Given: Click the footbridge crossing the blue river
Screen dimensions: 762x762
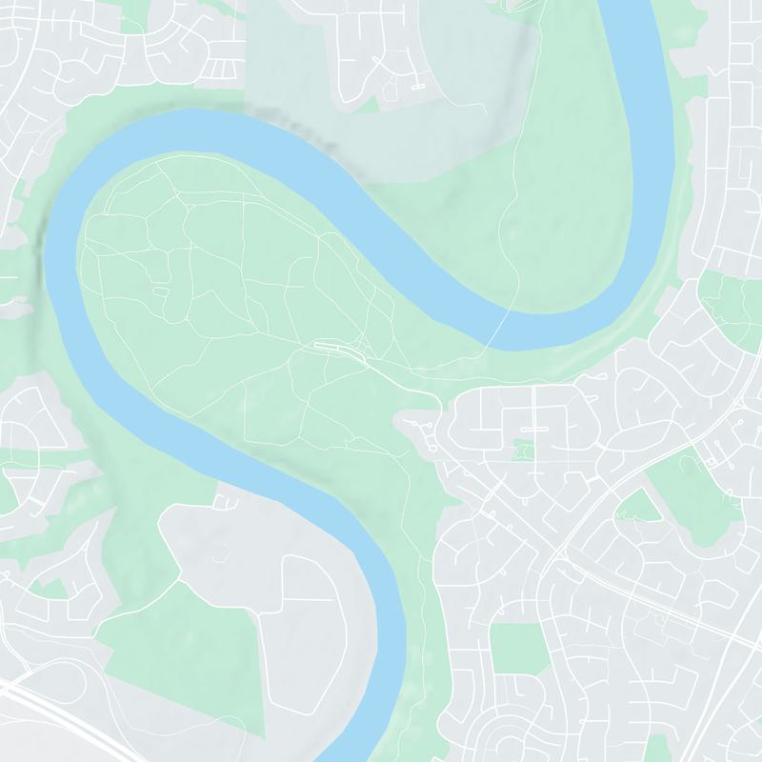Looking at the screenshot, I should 498,329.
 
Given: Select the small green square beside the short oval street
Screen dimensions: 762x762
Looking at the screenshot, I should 521,450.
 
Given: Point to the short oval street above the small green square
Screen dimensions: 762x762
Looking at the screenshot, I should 534,431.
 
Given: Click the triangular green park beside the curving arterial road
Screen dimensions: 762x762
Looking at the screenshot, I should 639,506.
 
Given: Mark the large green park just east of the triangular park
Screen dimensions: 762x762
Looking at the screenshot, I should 695,495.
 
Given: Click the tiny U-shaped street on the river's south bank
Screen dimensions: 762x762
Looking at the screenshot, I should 227,497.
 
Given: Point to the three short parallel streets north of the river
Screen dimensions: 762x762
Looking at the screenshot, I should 221,69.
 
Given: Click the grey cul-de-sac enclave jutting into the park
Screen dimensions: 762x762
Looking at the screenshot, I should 419,429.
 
